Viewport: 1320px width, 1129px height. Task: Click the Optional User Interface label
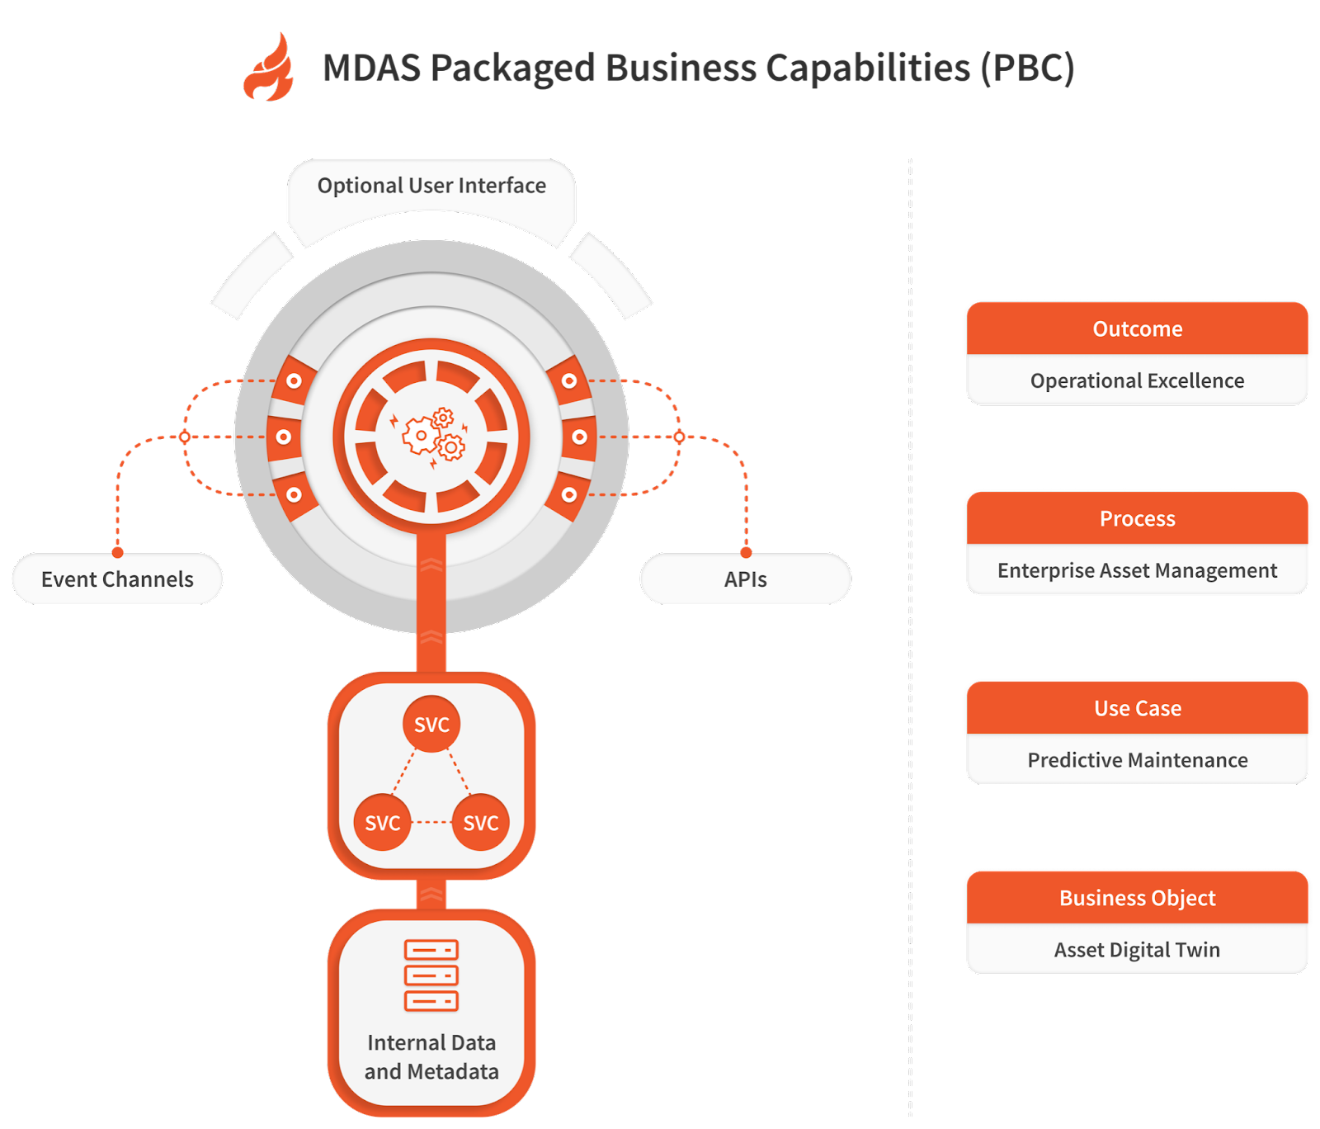coord(431,186)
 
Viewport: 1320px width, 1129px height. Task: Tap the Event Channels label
coord(117,579)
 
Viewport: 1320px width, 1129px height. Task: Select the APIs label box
coord(745,579)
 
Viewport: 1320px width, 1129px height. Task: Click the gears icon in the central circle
coord(432,436)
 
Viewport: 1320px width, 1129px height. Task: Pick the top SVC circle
coord(431,724)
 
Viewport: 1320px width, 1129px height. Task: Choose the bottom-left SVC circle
coord(382,822)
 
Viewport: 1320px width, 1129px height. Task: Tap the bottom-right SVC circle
coord(481,822)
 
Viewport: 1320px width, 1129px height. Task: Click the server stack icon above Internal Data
coord(431,975)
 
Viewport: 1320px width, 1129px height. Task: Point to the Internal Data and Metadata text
coord(431,1057)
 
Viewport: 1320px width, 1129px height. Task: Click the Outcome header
coord(1137,328)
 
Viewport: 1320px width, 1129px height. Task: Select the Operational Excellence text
coord(1137,380)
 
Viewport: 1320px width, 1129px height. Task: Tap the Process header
coord(1137,518)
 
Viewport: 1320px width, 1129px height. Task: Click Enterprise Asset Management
coord(1137,570)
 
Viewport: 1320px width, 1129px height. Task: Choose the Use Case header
coord(1137,708)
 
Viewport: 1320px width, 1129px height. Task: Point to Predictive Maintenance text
coord(1137,760)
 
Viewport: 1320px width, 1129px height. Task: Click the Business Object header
coord(1137,898)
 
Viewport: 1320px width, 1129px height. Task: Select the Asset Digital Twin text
coord(1137,950)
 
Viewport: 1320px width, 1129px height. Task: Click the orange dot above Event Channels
coord(118,552)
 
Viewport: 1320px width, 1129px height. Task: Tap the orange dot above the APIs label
coord(746,552)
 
